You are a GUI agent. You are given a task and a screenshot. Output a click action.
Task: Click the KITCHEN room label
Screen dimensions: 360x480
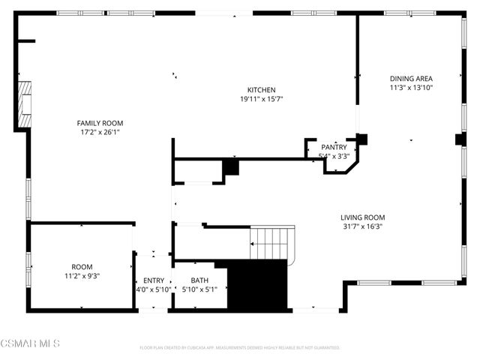click(261, 89)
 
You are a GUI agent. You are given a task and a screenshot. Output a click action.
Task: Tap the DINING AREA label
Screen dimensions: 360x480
click(411, 78)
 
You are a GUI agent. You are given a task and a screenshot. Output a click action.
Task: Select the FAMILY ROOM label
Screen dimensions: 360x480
click(100, 123)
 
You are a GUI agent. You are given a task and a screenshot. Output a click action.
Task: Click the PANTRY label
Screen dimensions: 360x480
click(334, 148)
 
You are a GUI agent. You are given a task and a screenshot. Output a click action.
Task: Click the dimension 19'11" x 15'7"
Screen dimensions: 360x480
click(261, 98)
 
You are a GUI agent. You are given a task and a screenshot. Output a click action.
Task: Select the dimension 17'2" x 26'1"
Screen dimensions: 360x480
click(100, 132)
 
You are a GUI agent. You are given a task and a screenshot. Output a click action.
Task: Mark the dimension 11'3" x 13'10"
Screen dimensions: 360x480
click(411, 87)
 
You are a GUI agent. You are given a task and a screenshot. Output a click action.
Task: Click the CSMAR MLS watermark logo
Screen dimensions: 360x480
click(29, 344)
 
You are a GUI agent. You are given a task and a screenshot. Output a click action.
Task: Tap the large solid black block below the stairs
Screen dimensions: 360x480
click(257, 285)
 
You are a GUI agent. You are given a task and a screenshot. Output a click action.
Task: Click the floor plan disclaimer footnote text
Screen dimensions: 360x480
click(240, 347)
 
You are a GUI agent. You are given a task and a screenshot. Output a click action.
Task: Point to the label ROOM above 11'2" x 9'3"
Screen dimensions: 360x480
click(82, 266)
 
